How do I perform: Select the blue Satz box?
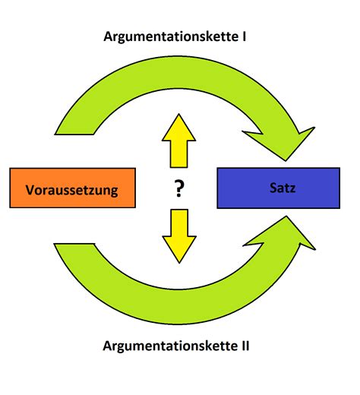[x=278, y=186]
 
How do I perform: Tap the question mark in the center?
[x=179, y=188]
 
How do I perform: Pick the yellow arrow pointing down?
[x=179, y=233]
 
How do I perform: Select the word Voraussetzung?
[x=72, y=189]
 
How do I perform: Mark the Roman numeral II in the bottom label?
[x=244, y=346]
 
